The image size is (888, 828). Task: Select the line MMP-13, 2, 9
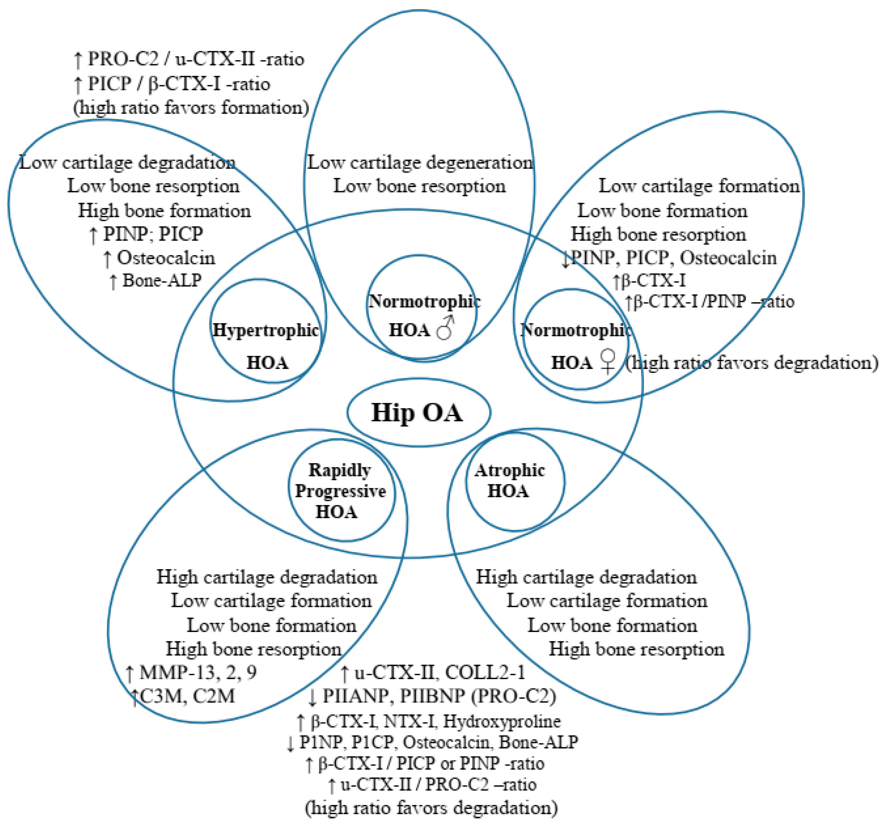(192, 672)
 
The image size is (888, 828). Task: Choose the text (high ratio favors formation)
(191, 108)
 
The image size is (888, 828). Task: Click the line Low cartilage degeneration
(420, 162)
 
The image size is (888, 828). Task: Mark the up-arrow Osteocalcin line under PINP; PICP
(159, 258)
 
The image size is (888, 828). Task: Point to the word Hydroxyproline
(502, 721)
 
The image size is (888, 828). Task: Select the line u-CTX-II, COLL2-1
(433, 672)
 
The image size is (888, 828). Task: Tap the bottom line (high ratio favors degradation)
(431, 808)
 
